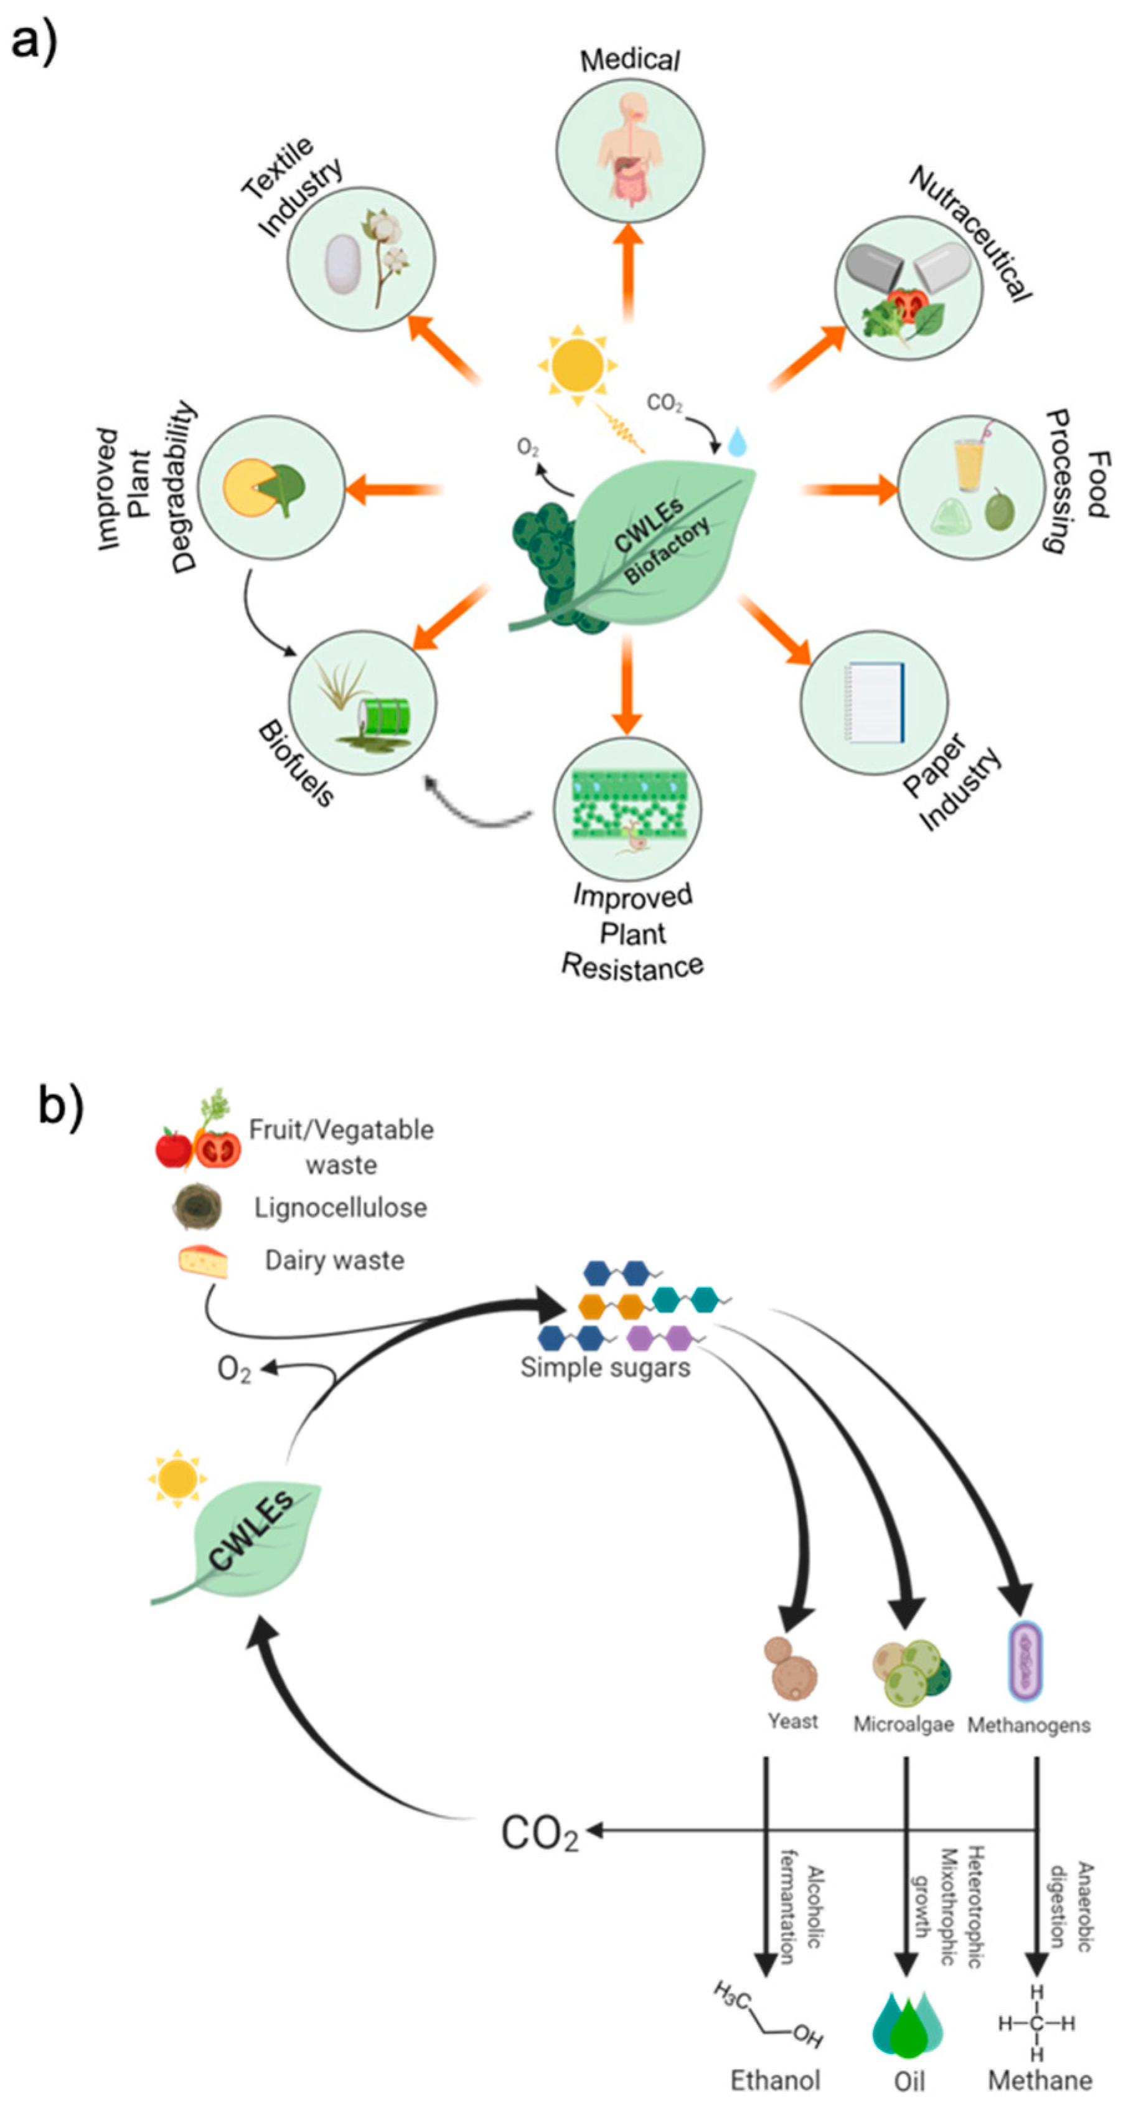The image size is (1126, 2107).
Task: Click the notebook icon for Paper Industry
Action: (x=876, y=702)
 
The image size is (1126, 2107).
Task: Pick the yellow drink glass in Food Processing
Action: (x=969, y=463)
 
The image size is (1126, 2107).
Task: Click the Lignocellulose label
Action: (x=340, y=1207)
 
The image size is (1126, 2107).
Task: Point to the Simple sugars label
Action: (x=605, y=1367)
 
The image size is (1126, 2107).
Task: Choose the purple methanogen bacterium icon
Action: (x=1025, y=1661)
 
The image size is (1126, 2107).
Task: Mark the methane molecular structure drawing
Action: (x=1036, y=2023)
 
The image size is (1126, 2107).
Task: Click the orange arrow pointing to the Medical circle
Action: (x=628, y=270)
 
